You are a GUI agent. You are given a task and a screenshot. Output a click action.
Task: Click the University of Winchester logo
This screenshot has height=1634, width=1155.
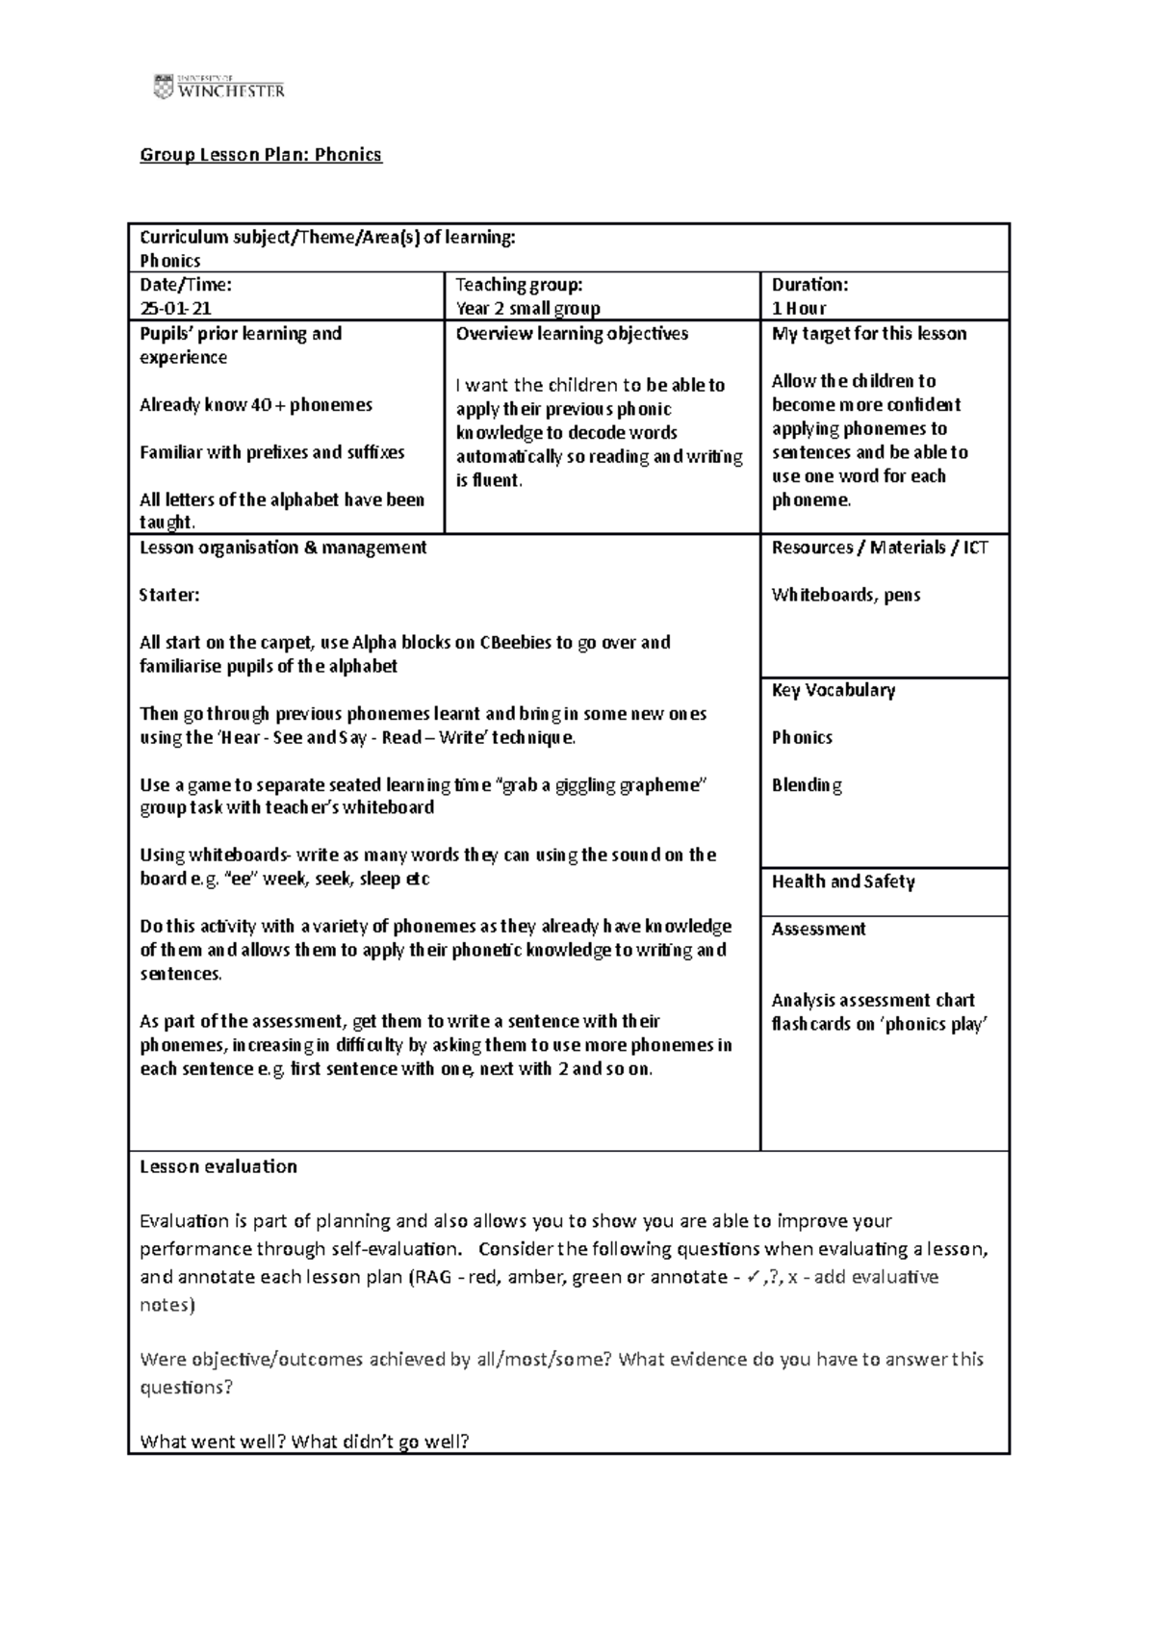point(218,87)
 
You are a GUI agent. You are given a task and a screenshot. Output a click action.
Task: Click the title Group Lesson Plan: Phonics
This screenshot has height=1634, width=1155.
point(261,154)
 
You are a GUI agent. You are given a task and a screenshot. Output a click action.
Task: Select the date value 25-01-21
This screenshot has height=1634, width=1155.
point(175,308)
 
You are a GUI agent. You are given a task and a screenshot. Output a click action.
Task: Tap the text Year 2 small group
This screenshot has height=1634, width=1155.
point(527,308)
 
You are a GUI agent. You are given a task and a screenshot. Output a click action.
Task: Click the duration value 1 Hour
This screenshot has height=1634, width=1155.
point(799,308)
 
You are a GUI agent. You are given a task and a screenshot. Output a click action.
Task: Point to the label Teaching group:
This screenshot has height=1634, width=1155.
point(519,284)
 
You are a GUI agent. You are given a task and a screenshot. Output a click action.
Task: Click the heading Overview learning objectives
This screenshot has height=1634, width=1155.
point(572,333)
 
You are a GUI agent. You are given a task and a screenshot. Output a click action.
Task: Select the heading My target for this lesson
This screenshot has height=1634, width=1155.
point(868,333)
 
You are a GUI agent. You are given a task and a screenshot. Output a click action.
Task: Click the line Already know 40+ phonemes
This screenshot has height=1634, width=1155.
point(255,404)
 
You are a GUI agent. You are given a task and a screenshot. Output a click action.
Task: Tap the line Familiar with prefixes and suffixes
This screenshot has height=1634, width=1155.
point(271,452)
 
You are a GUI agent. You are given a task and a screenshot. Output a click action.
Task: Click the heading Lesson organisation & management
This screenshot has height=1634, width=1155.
point(283,547)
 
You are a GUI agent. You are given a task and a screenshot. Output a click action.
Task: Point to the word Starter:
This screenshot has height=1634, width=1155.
point(169,595)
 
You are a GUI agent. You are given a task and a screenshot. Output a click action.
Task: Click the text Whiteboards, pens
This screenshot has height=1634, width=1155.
point(845,595)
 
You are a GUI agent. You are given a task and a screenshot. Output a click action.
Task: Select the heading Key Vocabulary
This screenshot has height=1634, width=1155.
point(833,690)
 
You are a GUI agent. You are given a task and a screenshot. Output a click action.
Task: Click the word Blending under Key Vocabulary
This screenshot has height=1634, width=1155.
point(807,784)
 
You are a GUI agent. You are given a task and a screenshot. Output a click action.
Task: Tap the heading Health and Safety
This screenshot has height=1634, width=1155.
point(842,881)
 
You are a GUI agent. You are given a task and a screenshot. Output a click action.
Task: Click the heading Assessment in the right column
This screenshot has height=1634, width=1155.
point(818,929)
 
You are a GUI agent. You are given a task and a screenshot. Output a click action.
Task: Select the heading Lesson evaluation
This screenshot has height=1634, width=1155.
point(218,1166)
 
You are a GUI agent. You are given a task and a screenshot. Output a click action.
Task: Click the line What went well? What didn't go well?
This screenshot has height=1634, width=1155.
point(304,1441)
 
